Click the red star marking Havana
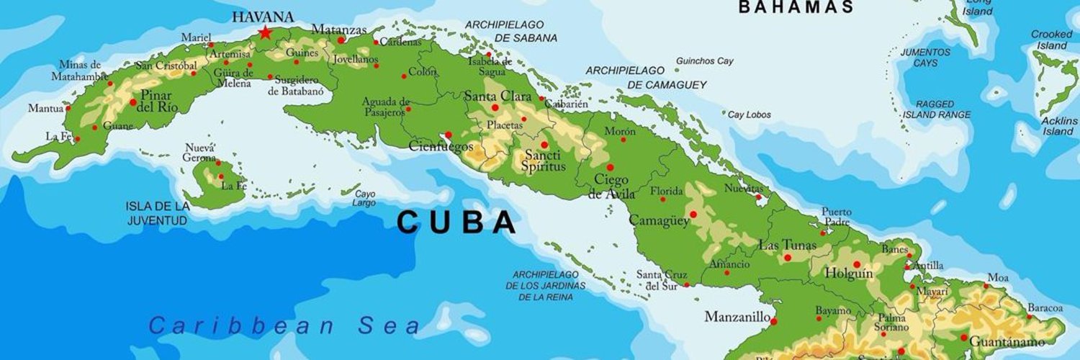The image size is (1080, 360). coord(266,32)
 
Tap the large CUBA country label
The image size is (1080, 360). coord(456,222)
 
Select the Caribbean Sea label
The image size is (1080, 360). coord(285,325)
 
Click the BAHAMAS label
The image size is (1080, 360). coord(796,7)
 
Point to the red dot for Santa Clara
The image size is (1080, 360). coord(495,107)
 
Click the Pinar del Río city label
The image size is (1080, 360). coord(157,101)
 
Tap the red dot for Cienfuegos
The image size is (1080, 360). coord(448,135)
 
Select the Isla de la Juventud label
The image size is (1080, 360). coord(158,213)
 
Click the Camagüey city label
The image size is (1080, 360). coord(659,220)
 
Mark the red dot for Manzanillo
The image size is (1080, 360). coord(773,321)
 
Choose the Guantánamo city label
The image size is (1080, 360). coord(1017,340)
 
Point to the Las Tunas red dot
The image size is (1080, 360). coord(788,257)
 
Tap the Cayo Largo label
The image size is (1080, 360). coord(365,199)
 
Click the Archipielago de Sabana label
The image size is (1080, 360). coord(510,31)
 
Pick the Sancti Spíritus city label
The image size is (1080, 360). coord(544,161)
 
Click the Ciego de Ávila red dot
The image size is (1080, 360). coord(610,167)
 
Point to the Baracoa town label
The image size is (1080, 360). coord(1045,308)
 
